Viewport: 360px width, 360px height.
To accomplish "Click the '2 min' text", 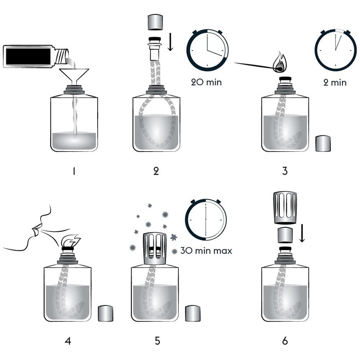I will click(x=334, y=82).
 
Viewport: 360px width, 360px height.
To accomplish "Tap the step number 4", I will click(x=68, y=340).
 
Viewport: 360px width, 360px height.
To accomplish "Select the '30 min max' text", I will click(x=206, y=251).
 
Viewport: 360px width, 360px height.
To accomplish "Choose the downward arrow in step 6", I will click(x=302, y=234).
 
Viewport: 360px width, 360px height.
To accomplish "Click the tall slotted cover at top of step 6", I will click(x=284, y=208).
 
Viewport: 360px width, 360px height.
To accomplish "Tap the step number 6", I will click(x=284, y=340).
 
